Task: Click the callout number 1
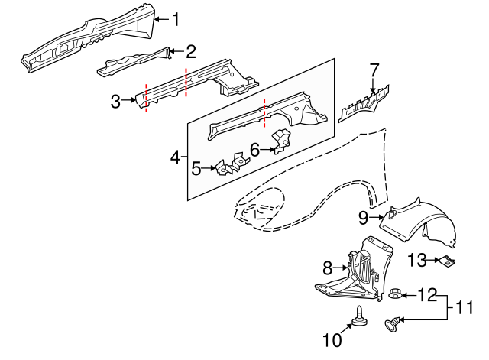point(176,19)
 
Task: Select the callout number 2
point(191,51)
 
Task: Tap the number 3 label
point(115,101)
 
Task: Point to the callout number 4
point(175,157)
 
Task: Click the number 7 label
point(374,70)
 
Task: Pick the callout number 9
point(364,217)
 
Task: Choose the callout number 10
point(332,340)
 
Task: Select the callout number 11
point(465,307)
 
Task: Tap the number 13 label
point(417,260)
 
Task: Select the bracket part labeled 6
point(281,141)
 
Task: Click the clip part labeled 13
point(447,261)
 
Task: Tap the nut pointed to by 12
point(394,294)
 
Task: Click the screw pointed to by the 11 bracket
point(392,324)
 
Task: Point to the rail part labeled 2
point(134,62)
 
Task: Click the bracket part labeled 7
point(364,102)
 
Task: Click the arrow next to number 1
point(162,19)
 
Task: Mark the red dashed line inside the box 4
point(264,114)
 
